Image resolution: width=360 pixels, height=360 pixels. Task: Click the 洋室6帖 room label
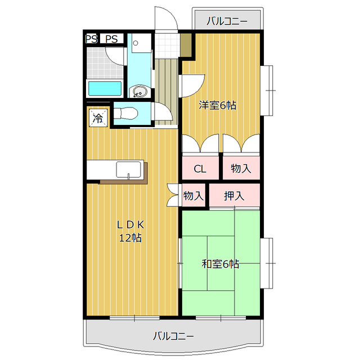coord(217,105)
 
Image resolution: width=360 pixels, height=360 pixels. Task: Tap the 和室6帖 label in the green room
coord(220,264)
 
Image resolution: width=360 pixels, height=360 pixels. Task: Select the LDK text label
coord(130,225)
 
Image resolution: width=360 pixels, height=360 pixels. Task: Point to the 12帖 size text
coord(130,238)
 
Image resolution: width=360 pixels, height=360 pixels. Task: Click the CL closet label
coord(200,169)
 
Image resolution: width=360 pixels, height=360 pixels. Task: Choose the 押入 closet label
coord(234,196)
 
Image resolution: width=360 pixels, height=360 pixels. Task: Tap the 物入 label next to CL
coord(241,168)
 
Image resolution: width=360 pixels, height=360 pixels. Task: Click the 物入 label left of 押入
coord(193,196)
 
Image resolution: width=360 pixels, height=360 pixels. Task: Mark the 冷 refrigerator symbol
coord(98,118)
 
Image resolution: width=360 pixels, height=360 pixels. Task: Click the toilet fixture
coord(125,114)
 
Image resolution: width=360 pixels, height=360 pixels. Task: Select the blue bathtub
coord(105,89)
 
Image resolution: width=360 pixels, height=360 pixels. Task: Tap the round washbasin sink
coord(139,91)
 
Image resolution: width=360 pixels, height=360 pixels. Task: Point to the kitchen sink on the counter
coord(129,170)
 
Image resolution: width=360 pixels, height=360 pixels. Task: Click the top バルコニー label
coord(227,21)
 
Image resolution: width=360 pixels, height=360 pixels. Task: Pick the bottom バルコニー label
coord(173,336)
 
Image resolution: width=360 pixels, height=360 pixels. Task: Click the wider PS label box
coord(112,39)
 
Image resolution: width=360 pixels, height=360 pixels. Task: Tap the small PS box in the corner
coord(92,39)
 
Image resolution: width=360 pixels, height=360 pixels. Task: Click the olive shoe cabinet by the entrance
coord(186,45)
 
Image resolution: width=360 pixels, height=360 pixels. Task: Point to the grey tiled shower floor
coord(105,63)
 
